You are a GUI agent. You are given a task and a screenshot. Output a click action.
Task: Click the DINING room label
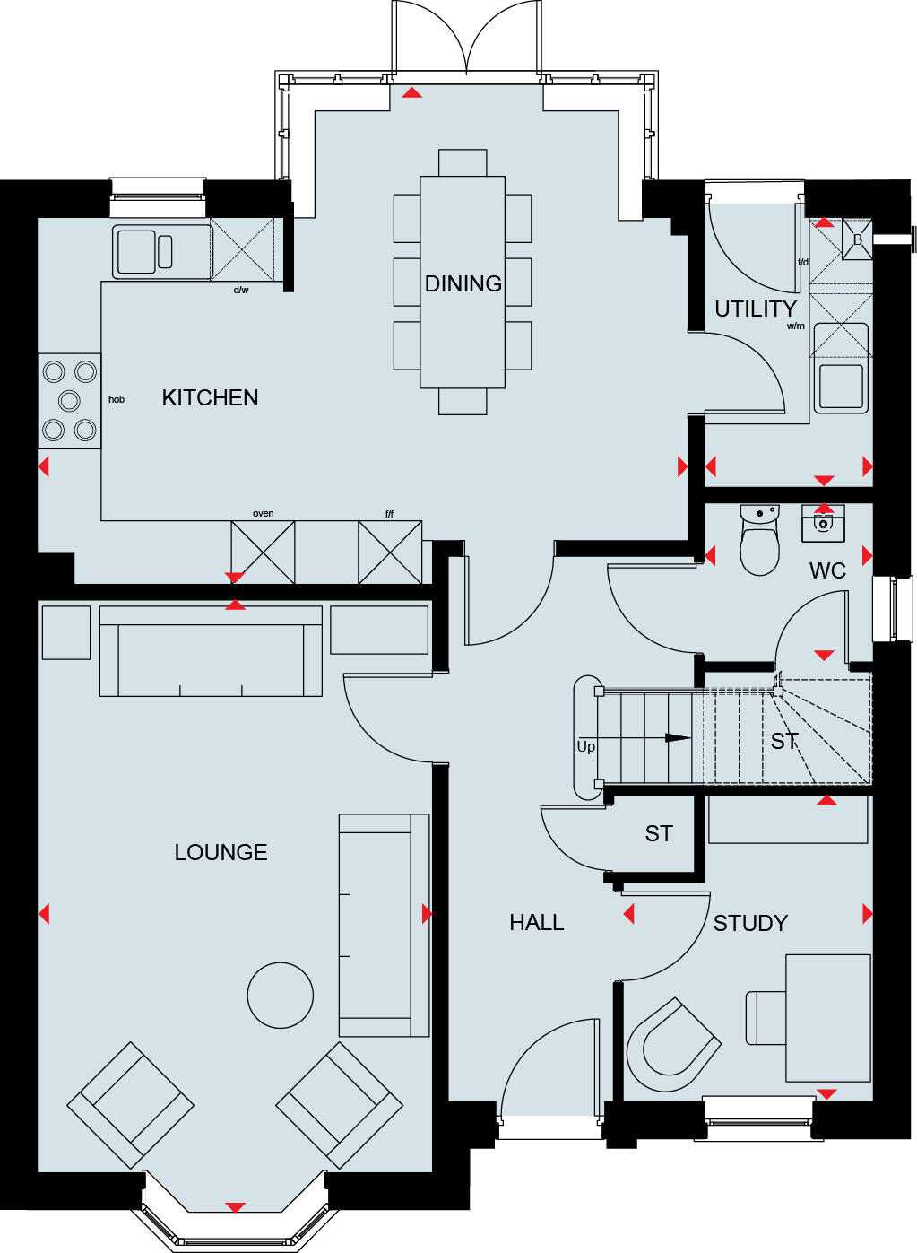(463, 283)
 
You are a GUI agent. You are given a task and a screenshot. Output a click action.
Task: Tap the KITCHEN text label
(210, 397)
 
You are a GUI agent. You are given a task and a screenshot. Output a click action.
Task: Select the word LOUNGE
(221, 852)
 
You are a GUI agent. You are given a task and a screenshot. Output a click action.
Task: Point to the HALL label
(536, 922)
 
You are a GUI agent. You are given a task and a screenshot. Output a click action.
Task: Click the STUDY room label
(750, 923)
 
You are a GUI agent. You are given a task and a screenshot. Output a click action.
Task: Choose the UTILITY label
(755, 309)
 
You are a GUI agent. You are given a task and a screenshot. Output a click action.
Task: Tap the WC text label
(826, 571)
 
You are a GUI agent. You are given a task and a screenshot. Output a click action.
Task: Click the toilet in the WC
(759, 542)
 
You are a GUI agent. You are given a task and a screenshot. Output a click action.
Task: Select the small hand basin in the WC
(823, 523)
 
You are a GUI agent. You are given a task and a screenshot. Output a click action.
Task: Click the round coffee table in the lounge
(281, 995)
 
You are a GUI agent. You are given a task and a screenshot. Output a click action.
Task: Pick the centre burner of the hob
(69, 400)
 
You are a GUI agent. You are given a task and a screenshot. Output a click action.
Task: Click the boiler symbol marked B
(857, 239)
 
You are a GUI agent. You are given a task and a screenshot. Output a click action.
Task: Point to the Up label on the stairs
(585, 746)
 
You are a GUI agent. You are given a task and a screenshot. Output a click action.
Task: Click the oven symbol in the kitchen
(263, 553)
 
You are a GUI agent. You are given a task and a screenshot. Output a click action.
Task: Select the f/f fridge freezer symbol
(389, 553)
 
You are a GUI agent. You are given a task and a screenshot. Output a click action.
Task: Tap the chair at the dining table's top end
(463, 162)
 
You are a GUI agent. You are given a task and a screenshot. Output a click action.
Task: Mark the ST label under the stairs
(783, 741)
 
